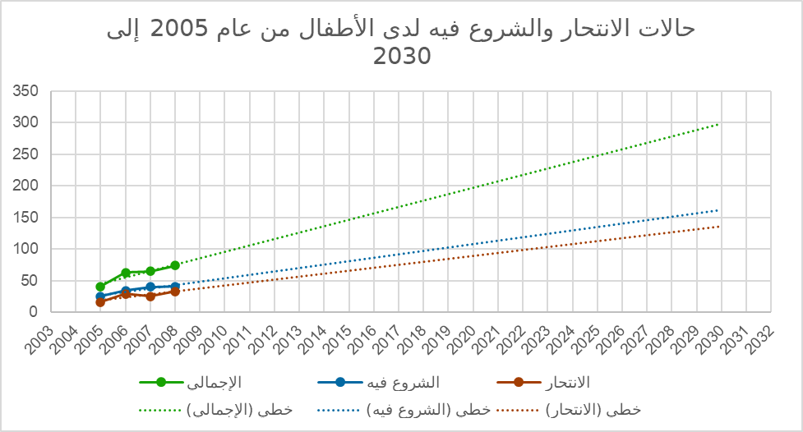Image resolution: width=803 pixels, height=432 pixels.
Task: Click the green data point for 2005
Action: click(100, 287)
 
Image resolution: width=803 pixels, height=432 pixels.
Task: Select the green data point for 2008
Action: click(175, 265)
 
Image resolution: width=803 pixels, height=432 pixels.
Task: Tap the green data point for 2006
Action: click(125, 273)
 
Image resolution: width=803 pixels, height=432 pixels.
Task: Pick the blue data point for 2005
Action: click(100, 296)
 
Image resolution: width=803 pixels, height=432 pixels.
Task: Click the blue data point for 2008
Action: click(175, 287)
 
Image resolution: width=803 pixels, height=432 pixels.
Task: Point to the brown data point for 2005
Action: click(100, 302)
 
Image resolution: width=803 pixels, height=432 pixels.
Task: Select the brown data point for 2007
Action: click(150, 296)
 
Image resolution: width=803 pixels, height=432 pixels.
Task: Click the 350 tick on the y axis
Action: click(29, 91)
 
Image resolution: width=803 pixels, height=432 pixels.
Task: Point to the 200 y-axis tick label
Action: click(29, 186)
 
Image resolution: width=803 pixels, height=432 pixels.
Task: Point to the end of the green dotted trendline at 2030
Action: click(718, 124)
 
